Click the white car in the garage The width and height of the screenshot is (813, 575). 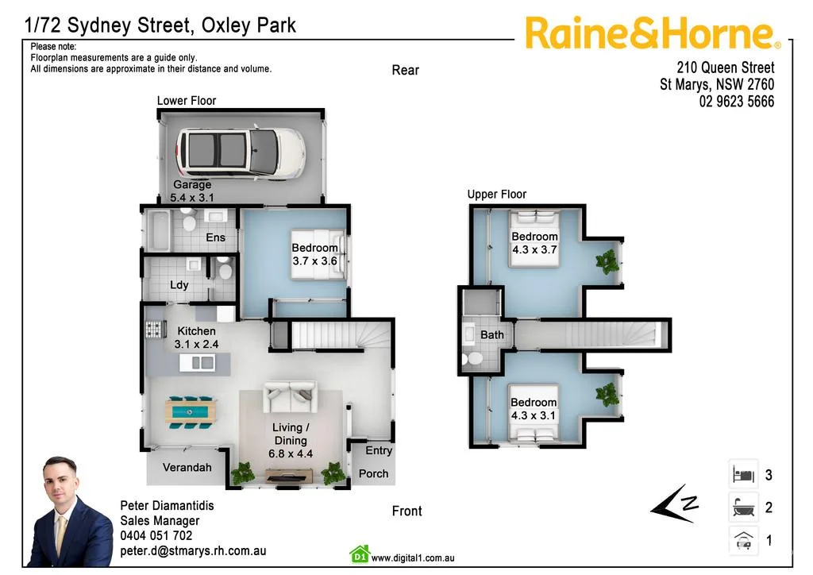tap(240, 152)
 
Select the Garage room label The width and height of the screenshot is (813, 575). tap(192, 185)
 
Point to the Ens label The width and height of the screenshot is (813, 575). tap(215, 237)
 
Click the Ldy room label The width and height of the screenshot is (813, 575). tap(179, 285)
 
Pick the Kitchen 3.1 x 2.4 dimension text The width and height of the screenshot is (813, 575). tap(196, 345)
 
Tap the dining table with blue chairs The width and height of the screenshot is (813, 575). tap(190, 411)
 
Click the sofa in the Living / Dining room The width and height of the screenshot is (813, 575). tap(290, 396)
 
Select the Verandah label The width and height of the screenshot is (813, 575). tap(187, 468)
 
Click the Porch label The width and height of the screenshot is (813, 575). tap(373, 474)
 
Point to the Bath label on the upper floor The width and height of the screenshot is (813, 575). tap(492, 335)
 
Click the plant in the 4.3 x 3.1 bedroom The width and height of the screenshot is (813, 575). tap(607, 393)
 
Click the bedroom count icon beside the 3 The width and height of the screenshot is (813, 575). tap(743, 475)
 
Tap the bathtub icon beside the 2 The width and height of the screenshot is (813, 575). tap(743, 507)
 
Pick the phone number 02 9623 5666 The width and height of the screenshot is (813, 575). tap(736, 102)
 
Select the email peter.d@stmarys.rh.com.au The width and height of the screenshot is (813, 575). tap(193, 550)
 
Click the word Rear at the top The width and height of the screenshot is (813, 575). tap(405, 70)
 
